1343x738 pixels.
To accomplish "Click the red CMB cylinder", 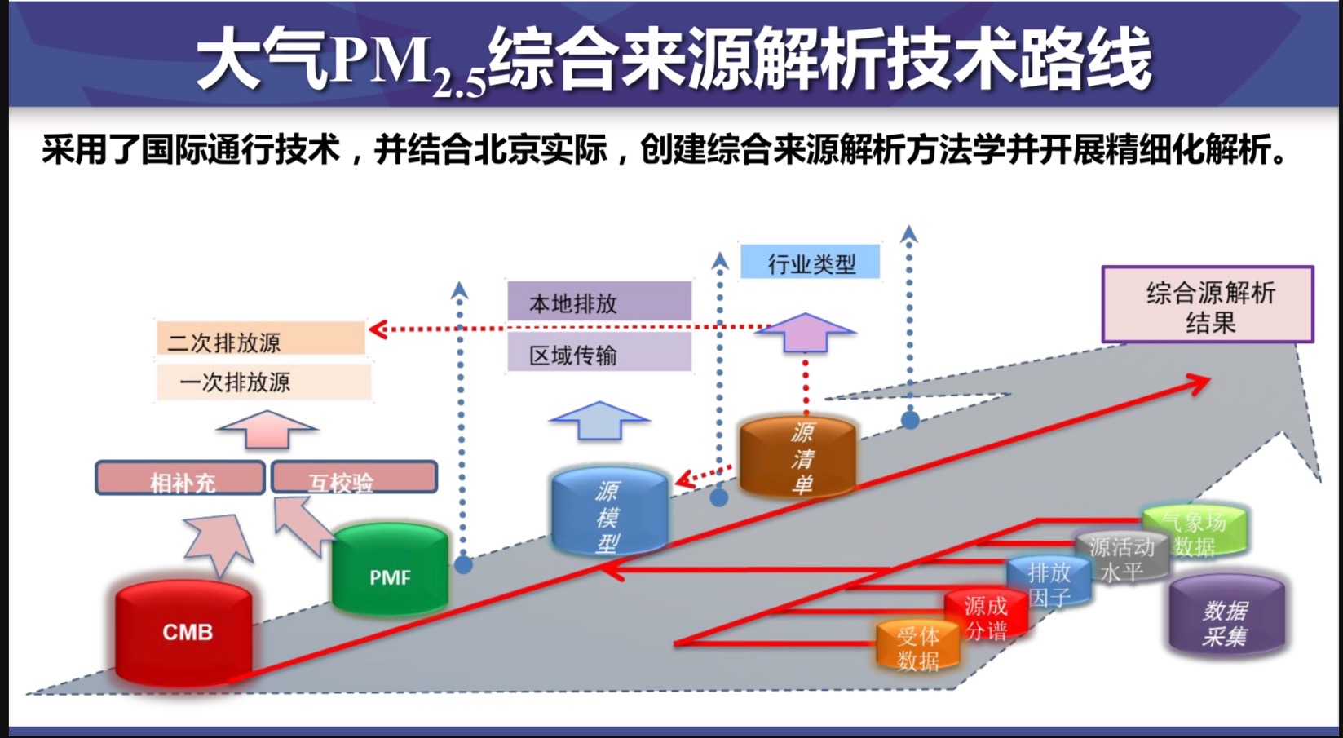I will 184,632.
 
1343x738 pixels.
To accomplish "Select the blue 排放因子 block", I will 1049,583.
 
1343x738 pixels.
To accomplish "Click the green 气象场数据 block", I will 1195,532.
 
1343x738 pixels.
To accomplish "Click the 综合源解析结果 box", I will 1208,305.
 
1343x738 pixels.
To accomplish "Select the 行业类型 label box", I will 810,263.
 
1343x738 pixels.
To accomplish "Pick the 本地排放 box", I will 599,302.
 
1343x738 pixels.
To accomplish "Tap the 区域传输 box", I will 599,355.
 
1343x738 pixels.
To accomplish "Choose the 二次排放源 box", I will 260,339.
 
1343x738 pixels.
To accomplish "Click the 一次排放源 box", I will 263,382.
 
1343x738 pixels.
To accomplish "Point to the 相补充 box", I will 180,479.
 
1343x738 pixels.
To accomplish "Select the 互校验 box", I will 354,479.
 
